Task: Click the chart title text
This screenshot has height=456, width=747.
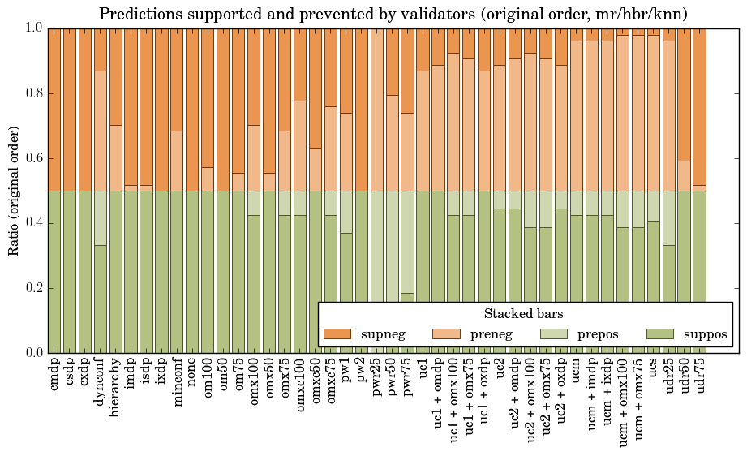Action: [393, 14]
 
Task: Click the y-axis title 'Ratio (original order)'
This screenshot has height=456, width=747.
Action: [14, 191]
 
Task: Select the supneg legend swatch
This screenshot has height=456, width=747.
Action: [337, 333]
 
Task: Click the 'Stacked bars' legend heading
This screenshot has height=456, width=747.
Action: [524, 314]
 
